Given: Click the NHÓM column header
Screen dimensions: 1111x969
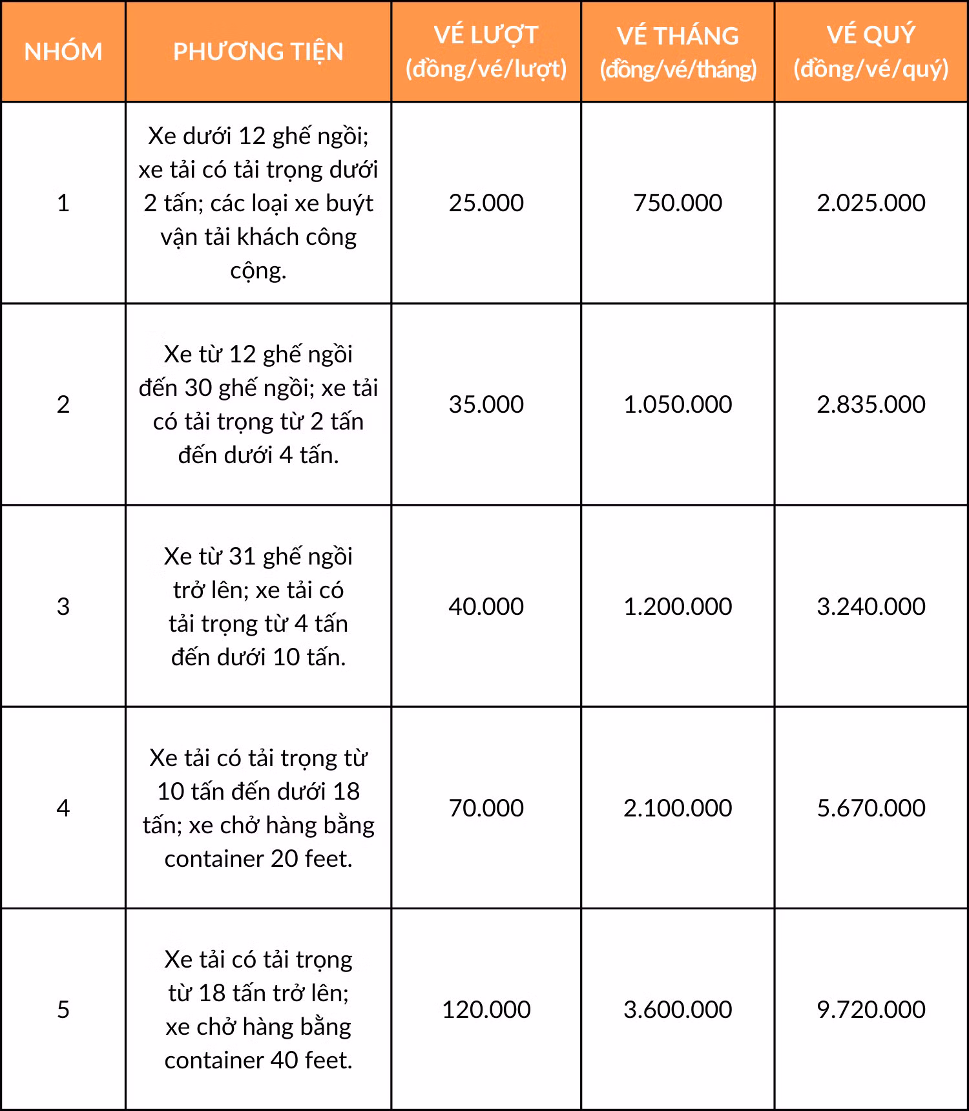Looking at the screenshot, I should pyautogui.click(x=63, y=52).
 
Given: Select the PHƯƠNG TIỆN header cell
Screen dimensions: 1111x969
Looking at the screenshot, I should pyautogui.click(x=258, y=52).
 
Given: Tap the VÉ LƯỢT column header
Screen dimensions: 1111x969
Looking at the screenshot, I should pyautogui.click(x=486, y=52).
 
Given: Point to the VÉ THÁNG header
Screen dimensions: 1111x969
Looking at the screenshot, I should pyautogui.click(x=678, y=52).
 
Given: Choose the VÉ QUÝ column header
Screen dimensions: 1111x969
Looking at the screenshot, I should pyautogui.click(x=871, y=52).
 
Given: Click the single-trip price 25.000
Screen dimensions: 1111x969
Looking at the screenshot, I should pyautogui.click(x=486, y=203).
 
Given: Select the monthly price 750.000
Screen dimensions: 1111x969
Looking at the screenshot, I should pyautogui.click(x=678, y=203).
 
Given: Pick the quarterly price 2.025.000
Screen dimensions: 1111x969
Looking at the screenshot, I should pyautogui.click(x=871, y=203).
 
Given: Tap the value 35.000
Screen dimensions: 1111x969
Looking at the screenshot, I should pyautogui.click(x=486, y=404).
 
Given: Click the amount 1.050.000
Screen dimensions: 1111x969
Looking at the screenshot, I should pyautogui.click(x=678, y=404).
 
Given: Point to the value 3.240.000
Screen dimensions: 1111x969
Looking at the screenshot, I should pyautogui.click(x=871, y=607).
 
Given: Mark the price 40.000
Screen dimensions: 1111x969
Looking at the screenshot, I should pyautogui.click(x=486, y=607).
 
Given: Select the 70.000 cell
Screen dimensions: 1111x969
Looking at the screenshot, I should pyautogui.click(x=486, y=808).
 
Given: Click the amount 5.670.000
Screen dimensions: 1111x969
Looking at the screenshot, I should pyautogui.click(x=871, y=808).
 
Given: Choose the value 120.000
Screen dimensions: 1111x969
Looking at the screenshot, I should pyautogui.click(x=486, y=1010).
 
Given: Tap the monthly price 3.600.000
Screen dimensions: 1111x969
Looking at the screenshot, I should pyautogui.click(x=678, y=1010).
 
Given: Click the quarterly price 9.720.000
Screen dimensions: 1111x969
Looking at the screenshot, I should pyautogui.click(x=871, y=1010).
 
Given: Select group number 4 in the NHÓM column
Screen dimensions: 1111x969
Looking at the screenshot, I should pyautogui.click(x=63, y=808).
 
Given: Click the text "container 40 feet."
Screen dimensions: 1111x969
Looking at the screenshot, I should pyautogui.click(x=258, y=1060).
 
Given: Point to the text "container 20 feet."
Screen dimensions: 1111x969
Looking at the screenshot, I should pyautogui.click(x=258, y=858).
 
